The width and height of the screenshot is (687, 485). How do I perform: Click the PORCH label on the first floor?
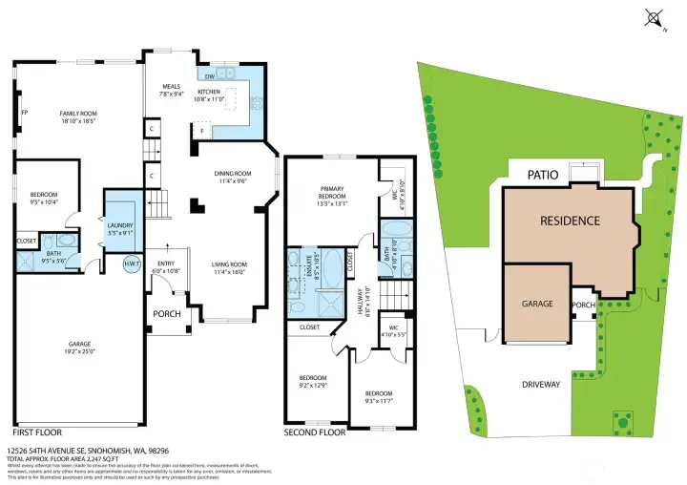pyautogui.click(x=167, y=314)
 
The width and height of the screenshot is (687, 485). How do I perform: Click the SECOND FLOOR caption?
pyautogui.click(x=315, y=432)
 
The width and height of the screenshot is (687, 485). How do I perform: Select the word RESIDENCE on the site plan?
pyautogui.click(x=570, y=221)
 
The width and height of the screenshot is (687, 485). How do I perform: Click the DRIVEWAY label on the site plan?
pyautogui.click(x=541, y=386)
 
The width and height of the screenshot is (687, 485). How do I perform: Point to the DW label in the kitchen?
pyautogui.click(x=209, y=76)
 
